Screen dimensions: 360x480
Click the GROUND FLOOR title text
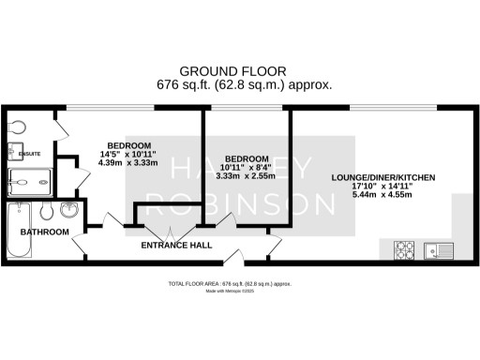point(240,70)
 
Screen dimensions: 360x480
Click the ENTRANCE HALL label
point(175,246)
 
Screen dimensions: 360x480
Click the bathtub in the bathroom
point(19,231)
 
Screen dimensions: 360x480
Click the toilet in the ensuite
point(16,126)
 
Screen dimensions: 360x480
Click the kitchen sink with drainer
point(437,249)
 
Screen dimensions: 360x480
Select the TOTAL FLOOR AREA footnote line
point(239,282)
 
